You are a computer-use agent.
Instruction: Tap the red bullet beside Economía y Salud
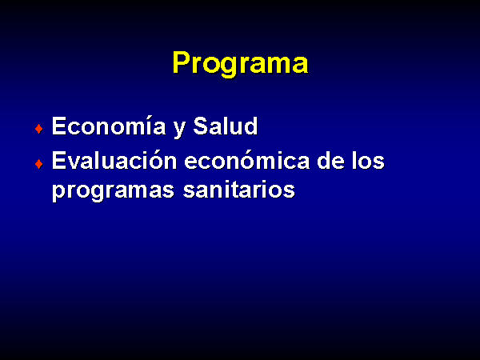[39, 129]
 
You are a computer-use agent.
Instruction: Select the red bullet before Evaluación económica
[39, 164]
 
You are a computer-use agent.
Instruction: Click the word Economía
[109, 126]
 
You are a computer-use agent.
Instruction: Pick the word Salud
[226, 126]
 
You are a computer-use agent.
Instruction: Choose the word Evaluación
[114, 161]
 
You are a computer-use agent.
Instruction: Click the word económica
[247, 161]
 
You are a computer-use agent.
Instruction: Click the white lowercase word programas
[113, 191]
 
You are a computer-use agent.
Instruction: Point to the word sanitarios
[239, 189]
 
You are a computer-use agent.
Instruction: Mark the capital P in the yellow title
[182, 62]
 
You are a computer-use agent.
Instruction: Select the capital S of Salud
[201, 126]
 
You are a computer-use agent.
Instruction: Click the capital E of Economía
[58, 126]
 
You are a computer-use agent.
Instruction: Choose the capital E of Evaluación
[58, 161]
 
